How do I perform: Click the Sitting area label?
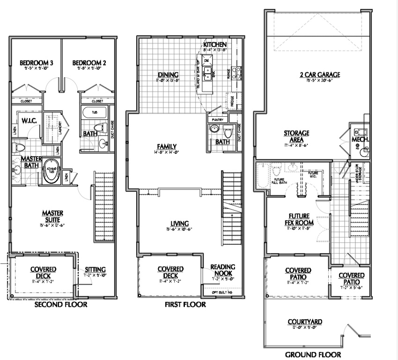96,270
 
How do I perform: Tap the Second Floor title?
61,305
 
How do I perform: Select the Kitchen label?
215,45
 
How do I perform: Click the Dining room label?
168,75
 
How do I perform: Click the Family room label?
167,146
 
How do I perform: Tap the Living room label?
180,224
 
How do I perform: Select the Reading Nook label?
222,270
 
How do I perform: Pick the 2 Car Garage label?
320,75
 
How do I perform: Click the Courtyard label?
304,322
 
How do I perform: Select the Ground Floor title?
313,355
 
